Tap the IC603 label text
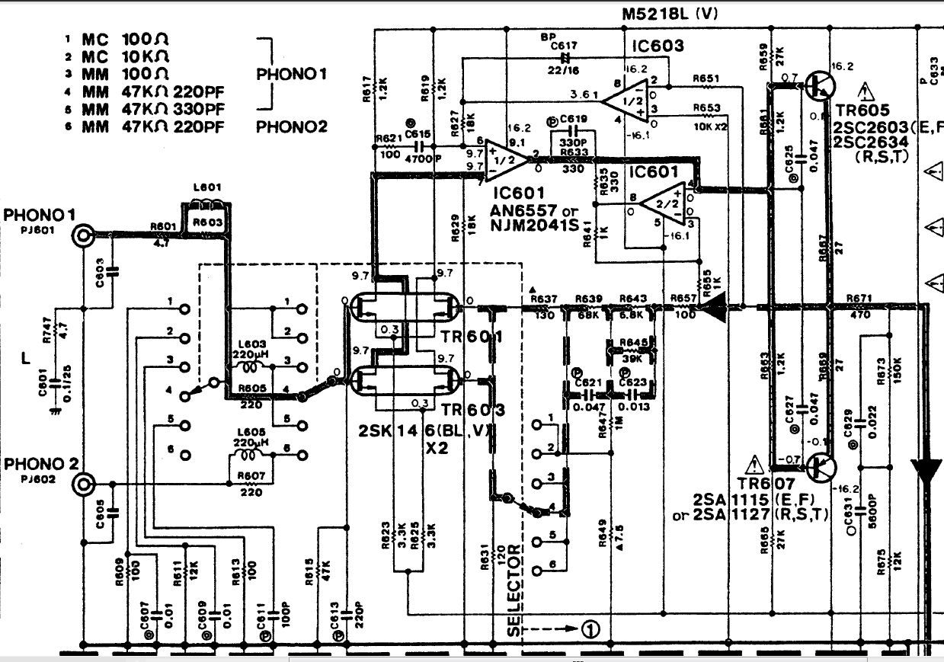658,46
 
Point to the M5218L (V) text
670,13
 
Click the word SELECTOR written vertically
514,590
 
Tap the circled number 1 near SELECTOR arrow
591,629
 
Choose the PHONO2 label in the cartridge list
292,126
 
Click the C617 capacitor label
564,46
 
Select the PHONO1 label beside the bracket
292,75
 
